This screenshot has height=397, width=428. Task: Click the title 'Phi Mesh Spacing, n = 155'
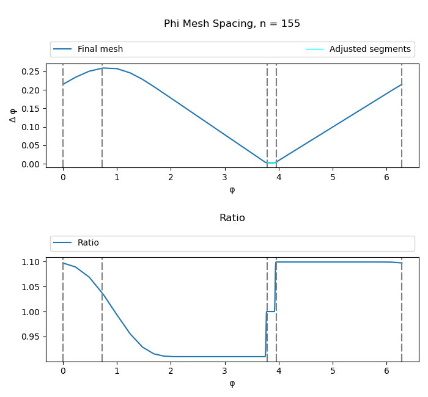pyautogui.click(x=232, y=24)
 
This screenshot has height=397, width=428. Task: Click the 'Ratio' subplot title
pyautogui.click(x=232, y=218)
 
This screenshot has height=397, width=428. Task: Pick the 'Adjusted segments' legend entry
pyautogui.click(x=369, y=49)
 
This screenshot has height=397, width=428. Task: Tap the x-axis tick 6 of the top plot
pyautogui.click(x=386, y=177)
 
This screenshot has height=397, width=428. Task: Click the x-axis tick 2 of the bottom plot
pyautogui.click(x=171, y=371)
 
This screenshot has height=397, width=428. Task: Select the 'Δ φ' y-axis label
pyautogui.click(x=13, y=115)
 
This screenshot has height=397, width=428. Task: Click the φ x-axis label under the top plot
pyautogui.click(x=232, y=190)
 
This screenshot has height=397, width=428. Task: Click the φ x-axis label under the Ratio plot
pyautogui.click(x=232, y=384)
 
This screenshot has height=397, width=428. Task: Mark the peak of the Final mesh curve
pyautogui.click(x=103, y=68)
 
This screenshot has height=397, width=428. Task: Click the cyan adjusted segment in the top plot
pyautogui.click(x=271, y=162)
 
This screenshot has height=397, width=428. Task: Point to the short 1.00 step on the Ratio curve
pyautogui.click(x=270, y=311)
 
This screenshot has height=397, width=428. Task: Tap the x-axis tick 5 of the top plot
pyautogui.click(x=333, y=177)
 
